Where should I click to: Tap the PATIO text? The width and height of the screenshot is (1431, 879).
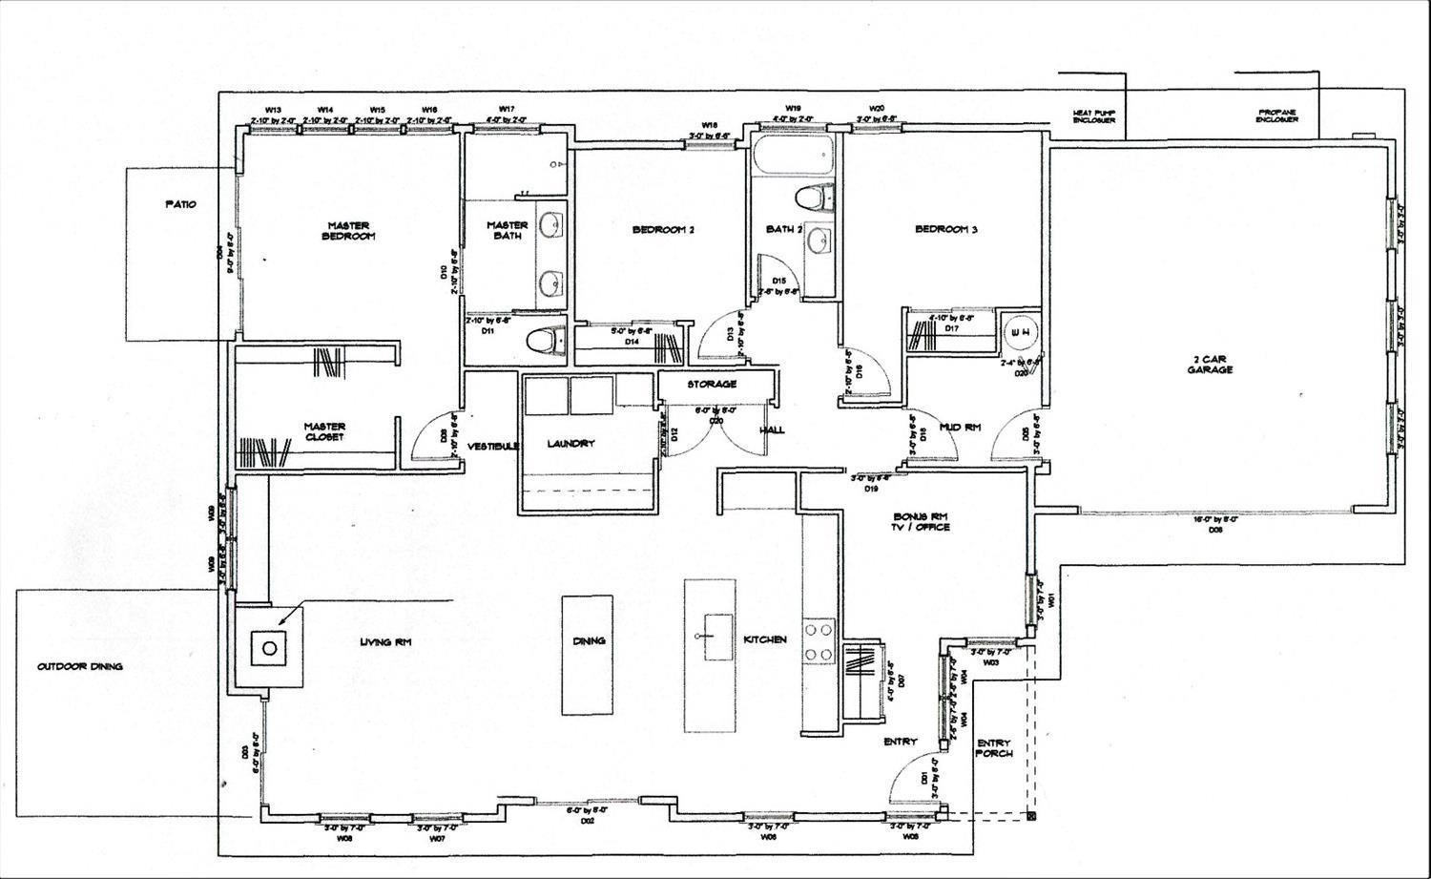[180, 204]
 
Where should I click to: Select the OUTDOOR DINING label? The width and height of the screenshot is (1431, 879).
[80, 667]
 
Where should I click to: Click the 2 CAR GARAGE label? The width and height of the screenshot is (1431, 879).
[1211, 364]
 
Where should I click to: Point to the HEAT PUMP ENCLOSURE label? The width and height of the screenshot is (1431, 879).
[1093, 115]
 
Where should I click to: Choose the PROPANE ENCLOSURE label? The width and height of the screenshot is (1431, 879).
[1275, 115]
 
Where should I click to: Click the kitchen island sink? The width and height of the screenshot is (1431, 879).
[709, 634]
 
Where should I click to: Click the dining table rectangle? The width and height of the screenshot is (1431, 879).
[587, 655]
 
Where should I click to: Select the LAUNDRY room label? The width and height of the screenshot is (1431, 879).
[570, 444]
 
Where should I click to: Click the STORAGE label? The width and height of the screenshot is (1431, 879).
[712, 385]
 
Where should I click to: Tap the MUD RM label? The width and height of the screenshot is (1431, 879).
[960, 428]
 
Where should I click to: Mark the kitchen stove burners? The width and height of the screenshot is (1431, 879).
[819, 641]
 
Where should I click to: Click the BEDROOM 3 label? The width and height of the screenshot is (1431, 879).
[946, 229]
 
